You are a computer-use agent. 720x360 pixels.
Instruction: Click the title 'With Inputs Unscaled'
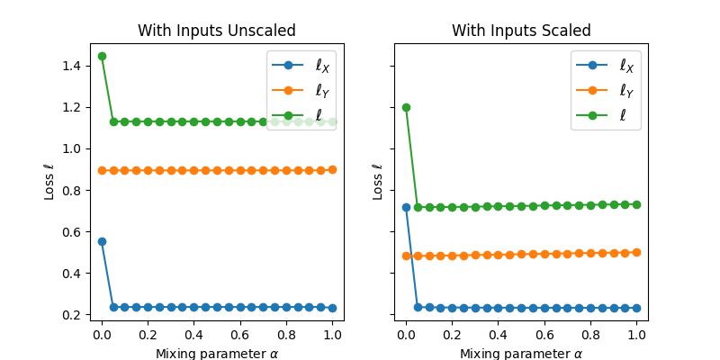pos(216,31)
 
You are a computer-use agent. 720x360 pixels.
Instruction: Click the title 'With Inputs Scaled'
pos(521,31)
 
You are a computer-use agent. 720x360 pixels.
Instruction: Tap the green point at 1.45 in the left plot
pos(102,56)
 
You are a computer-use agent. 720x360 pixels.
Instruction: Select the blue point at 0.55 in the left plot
pos(102,241)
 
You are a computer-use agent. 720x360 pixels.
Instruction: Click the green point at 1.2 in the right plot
pos(406,107)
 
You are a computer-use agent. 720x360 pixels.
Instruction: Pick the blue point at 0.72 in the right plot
pos(406,207)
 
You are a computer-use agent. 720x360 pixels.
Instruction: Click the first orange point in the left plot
pos(102,170)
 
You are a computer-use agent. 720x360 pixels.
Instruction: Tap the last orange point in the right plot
pos(636,252)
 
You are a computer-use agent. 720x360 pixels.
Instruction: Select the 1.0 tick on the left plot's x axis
pos(332,335)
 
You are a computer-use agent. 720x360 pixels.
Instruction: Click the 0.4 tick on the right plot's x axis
pos(498,335)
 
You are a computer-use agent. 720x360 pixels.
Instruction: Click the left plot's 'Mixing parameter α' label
pos(216,353)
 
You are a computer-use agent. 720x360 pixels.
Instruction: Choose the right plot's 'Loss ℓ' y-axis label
pos(379,182)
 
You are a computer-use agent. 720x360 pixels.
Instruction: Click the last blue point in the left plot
pos(332,308)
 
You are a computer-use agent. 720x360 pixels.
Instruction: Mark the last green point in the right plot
pos(636,204)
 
